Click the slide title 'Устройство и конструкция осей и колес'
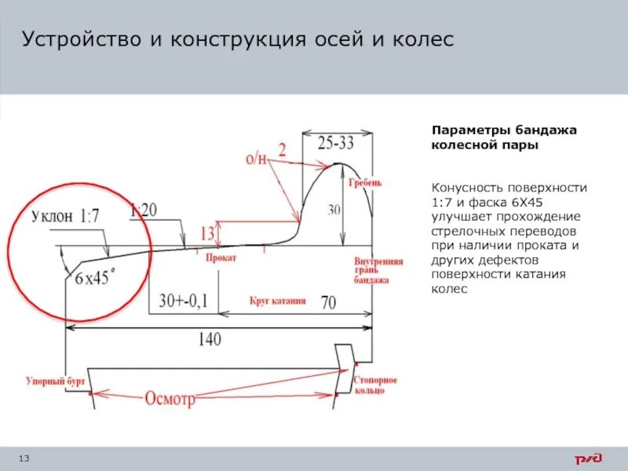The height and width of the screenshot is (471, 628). pyautogui.click(x=237, y=39)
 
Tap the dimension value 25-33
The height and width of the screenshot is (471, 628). pyautogui.click(x=337, y=144)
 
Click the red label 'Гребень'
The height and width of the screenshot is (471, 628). pyautogui.click(x=365, y=182)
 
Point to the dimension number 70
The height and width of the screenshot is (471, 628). pyautogui.click(x=330, y=301)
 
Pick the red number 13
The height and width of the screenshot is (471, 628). pyautogui.click(x=208, y=232)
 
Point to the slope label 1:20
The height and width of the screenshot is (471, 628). pyautogui.click(x=144, y=210)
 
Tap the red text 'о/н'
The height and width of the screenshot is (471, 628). pyautogui.click(x=256, y=159)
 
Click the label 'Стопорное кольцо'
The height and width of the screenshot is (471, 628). pyautogui.click(x=375, y=385)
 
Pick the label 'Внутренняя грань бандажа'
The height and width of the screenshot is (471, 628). pyautogui.click(x=378, y=270)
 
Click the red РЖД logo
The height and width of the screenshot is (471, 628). pyautogui.click(x=587, y=458)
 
